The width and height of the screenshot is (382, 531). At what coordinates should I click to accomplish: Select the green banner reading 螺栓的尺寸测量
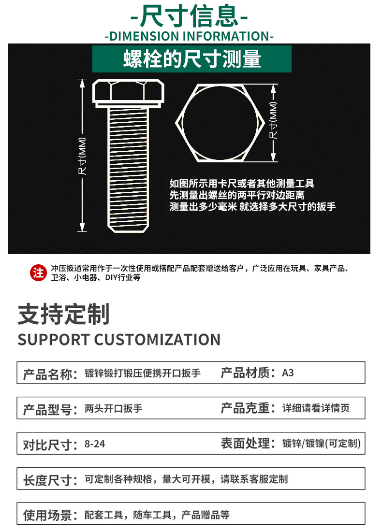[192, 59]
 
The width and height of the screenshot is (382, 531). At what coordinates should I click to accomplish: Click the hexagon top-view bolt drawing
[220, 123]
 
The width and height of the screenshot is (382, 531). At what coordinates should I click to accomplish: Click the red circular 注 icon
[38, 273]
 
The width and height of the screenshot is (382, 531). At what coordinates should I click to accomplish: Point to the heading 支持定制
[64, 314]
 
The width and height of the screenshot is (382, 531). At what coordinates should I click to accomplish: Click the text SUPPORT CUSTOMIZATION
[119, 339]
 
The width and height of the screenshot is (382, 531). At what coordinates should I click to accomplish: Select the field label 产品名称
[49, 374]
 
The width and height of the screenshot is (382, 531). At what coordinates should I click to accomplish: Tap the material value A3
[288, 373]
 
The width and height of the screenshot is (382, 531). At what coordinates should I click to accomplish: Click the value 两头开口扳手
[113, 409]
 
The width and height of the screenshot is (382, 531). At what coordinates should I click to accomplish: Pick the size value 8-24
[94, 444]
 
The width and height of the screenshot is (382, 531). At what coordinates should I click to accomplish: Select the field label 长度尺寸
[49, 480]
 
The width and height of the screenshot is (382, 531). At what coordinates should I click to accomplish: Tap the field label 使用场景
[49, 515]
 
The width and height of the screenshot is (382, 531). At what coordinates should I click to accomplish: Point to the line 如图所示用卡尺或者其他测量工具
[242, 184]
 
